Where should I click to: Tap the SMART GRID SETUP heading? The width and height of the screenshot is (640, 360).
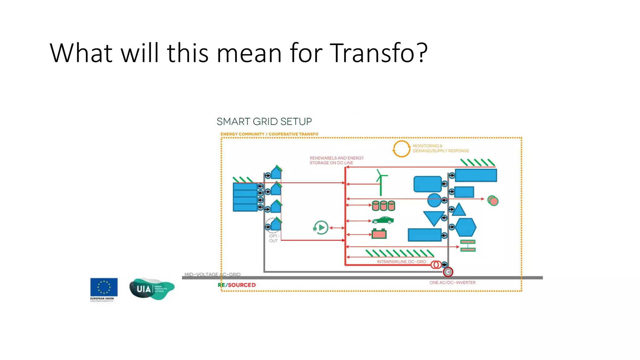[264, 122]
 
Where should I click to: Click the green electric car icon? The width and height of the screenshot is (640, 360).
[383, 220]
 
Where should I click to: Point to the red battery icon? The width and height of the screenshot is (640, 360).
[379, 234]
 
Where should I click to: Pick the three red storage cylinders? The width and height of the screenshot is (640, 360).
[383, 206]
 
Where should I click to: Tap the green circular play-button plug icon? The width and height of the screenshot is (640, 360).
[321, 227]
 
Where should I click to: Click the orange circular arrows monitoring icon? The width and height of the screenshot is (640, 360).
[401, 149]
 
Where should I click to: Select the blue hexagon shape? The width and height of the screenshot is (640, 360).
[466, 227]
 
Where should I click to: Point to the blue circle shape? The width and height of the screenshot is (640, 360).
[434, 200]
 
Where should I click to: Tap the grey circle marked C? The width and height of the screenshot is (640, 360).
[448, 272]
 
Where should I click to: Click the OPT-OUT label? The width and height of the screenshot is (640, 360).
[273, 238]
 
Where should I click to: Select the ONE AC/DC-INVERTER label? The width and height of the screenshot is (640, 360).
[452, 282]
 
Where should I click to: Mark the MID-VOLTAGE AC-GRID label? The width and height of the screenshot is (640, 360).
[212, 274]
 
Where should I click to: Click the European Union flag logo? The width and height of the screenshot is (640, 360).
[104, 287]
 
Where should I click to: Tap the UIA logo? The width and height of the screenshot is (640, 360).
[152, 289]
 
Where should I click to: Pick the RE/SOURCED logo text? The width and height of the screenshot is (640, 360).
[237, 285]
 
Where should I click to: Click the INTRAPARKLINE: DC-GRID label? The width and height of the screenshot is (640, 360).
[401, 262]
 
